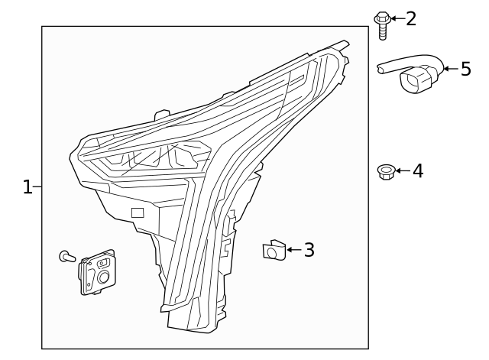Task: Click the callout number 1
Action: (x=28, y=187)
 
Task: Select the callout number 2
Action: (x=411, y=18)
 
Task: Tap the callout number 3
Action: (x=309, y=250)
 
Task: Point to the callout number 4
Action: (x=417, y=170)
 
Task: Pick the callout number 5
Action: (x=465, y=70)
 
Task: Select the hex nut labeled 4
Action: (x=385, y=171)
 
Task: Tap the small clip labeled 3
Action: (x=273, y=250)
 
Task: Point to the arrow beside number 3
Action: (x=293, y=250)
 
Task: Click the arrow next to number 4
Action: (x=402, y=170)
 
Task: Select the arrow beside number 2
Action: (x=397, y=17)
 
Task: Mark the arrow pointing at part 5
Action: (x=450, y=70)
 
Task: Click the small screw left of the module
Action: (x=66, y=257)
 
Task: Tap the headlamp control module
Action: (x=97, y=271)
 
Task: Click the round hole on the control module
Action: (x=102, y=278)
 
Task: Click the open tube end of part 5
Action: (x=381, y=70)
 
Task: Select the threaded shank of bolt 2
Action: (x=382, y=31)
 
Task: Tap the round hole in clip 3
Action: (x=271, y=251)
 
